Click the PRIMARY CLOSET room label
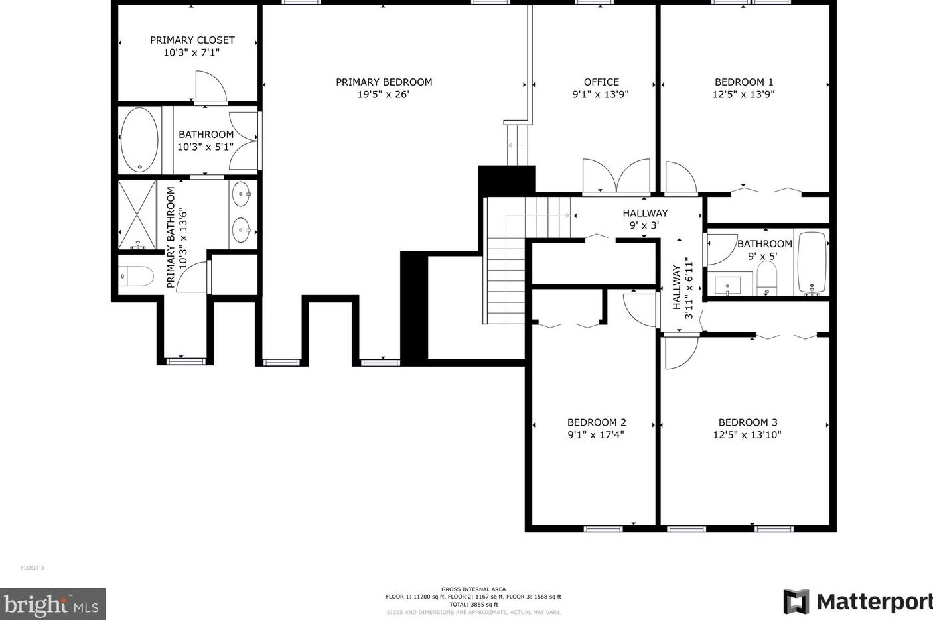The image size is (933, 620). click(192, 40)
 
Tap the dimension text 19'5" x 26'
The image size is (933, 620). click(384, 94)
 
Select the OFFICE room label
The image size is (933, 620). click(601, 82)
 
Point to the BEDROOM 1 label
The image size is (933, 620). click(743, 82)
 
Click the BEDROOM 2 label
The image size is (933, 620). click(597, 422)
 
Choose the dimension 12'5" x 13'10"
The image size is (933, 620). click(747, 435)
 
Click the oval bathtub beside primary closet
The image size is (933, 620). click(139, 140)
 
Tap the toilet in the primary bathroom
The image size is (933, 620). click(137, 276)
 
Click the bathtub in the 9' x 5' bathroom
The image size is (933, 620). click(812, 263)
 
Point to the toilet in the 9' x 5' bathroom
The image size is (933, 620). click(766, 277)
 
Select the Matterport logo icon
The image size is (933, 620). click(796, 601)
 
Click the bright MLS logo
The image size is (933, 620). click(52, 604)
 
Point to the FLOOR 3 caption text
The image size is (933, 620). click(32, 568)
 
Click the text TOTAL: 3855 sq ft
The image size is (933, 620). click(473, 605)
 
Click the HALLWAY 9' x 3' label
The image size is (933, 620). click(644, 219)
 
